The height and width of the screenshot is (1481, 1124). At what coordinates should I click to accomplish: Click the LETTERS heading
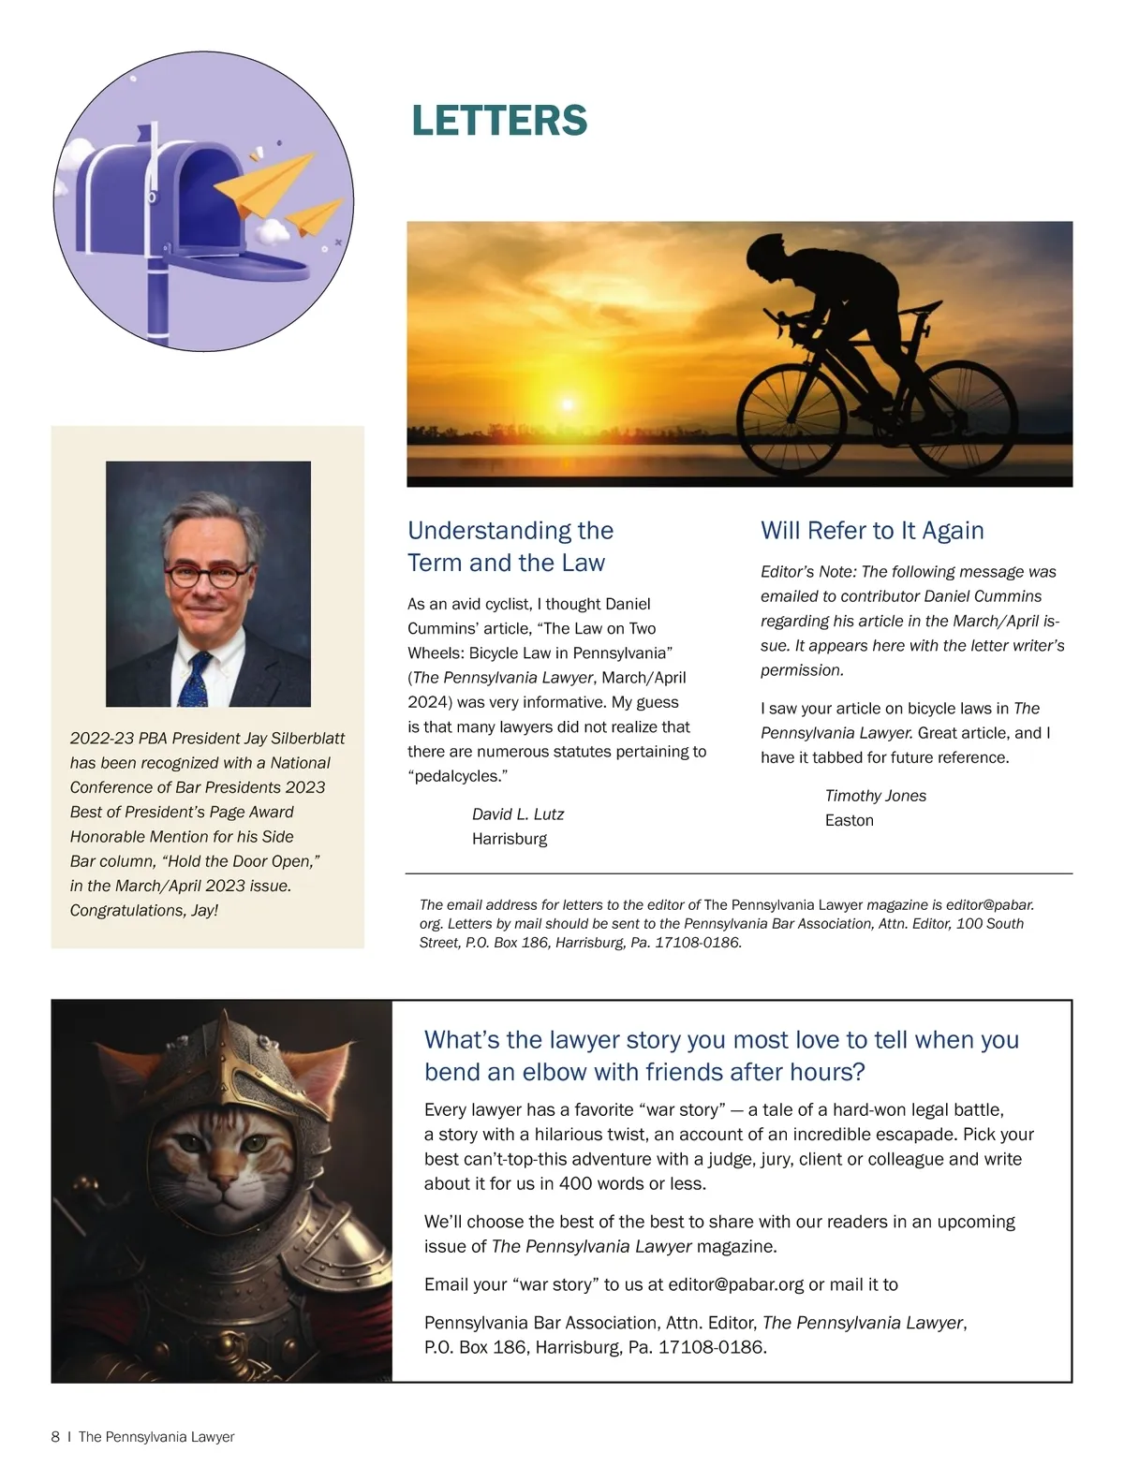(x=499, y=121)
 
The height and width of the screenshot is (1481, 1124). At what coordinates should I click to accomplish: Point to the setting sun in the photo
(x=567, y=404)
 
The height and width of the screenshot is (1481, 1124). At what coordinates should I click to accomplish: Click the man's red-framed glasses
(x=207, y=574)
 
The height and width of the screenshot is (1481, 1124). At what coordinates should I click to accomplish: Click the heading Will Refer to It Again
(x=872, y=531)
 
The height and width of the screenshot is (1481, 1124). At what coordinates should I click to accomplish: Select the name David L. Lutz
(x=517, y=814)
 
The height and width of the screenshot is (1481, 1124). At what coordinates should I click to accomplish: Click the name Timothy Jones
(x=875, y=796)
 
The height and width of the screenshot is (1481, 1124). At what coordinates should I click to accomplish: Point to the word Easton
(x=849, y=820)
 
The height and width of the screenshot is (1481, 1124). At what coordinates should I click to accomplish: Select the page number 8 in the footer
(x=55, y=1437)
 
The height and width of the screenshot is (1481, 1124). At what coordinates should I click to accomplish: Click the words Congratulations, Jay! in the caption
(x=143, y=910)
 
